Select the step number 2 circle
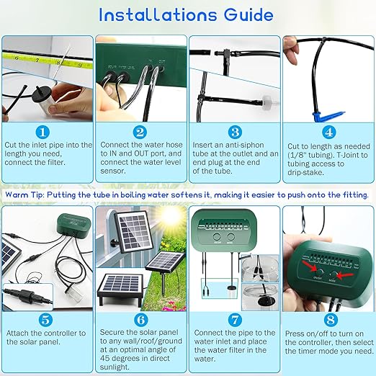coord(140,132)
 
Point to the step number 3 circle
coord(233,132)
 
